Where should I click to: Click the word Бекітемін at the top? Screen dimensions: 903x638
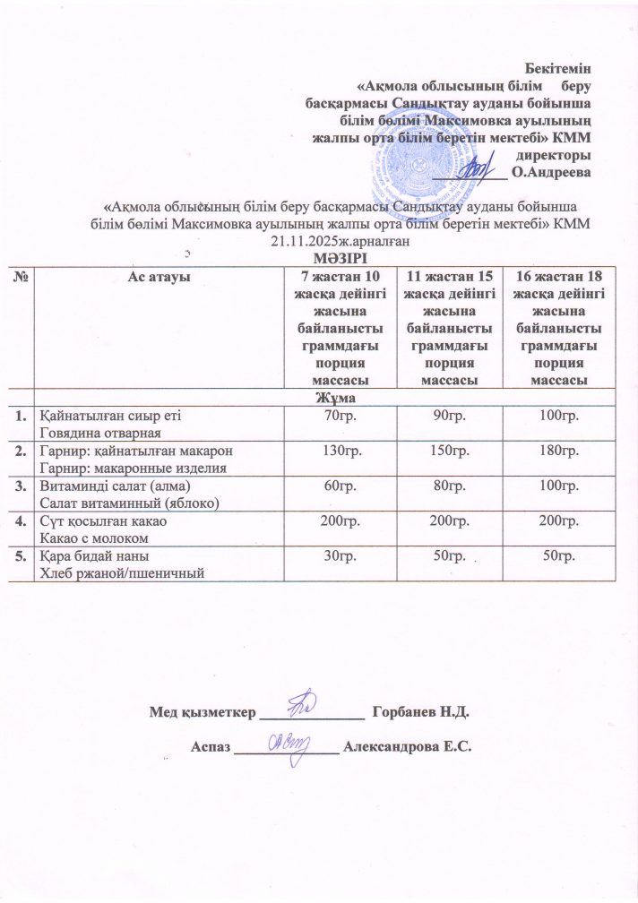click(562, 67)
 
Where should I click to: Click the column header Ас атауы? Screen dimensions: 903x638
click(158, 278)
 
